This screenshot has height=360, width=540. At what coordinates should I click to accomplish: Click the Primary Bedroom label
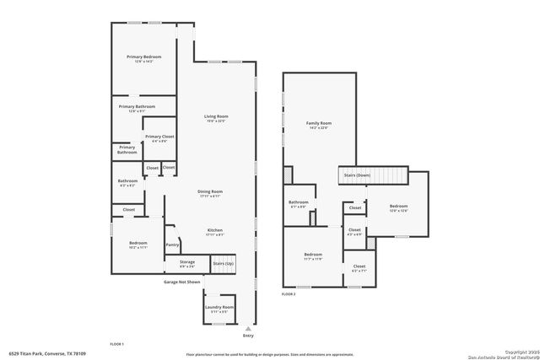(x=143, y=56)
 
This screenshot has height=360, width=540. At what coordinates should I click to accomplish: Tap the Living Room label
(x=216, y=116)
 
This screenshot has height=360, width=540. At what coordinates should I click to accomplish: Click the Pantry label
(x=172, y=244)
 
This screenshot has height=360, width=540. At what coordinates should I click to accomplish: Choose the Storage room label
(x=186, y=262)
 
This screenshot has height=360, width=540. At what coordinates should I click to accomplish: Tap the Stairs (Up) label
(x=223, y=264)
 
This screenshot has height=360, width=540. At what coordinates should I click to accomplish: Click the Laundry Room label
(x=219, y=307)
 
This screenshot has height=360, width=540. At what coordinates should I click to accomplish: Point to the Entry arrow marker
(x=247, y=328)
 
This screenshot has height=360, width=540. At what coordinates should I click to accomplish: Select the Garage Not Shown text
(x=182, y=282)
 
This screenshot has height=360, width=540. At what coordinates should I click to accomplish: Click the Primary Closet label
(x=159, y=137)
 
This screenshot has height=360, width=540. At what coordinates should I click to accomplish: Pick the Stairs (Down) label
(x=355, y=175)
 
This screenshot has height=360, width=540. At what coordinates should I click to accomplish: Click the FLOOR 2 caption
(x=289, y=295)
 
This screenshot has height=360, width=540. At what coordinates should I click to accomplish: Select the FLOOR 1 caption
(x=117, y=345)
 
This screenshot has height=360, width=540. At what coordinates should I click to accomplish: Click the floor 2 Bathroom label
(x=299, y=202)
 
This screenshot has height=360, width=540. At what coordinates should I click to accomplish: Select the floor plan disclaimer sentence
(x=269, y=354)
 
